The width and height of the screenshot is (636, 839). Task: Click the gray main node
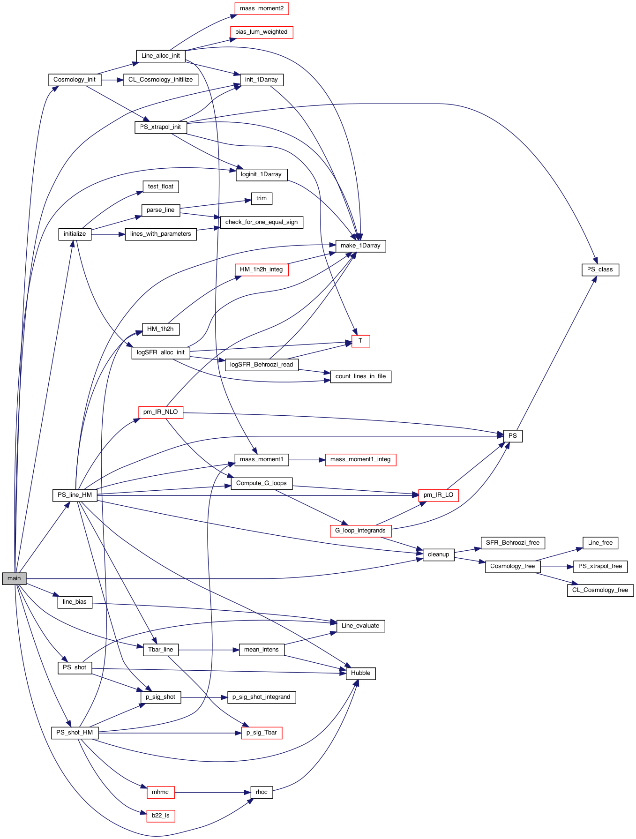pyautogui.click(x=14, y=578)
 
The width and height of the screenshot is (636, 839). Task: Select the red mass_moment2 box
pyautogui.click(x=262, y=8)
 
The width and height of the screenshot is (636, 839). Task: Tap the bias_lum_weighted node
pyautogui.click(x=262, y=32)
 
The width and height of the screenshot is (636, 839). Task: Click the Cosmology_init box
pyautogui.click(x=75, y=80)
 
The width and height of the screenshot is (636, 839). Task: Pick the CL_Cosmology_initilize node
pyautogui.click(x=161, y=80)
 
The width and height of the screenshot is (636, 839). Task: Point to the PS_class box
pyautogui.click(x=600, y=270)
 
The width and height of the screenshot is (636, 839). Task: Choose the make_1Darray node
pyautogui.click(x=360, y=246)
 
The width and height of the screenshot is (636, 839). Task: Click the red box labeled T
pyautogui.click(x=360, y=341)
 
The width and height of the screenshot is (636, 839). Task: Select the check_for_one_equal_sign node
pyautogui.click(x=262, y=222)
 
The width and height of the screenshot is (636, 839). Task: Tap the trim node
pyautogui.click(x=262, y=198)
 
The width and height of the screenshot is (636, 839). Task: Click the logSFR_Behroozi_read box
pyautogui.click(x=262, y=365)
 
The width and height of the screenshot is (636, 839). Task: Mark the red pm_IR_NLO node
pyautogui.click(x=161, y=412)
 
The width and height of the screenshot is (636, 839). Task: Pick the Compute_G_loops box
pyautogui.click(x=262, y=483)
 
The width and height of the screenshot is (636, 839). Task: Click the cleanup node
pyautogui.click(x=438, y=554)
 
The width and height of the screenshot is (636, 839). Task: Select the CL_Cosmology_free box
pyautogui.click(x=600, y=590)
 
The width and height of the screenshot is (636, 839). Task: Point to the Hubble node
pyautogui.click(x=360, y=673)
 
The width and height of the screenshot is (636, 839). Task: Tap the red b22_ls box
pyautogui.click(x=161, y=816)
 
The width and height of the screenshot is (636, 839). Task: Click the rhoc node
pyautogui.click(x=262, y=792)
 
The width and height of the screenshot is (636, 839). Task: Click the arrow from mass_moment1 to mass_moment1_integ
pyautogui.click(x=307, y=460)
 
